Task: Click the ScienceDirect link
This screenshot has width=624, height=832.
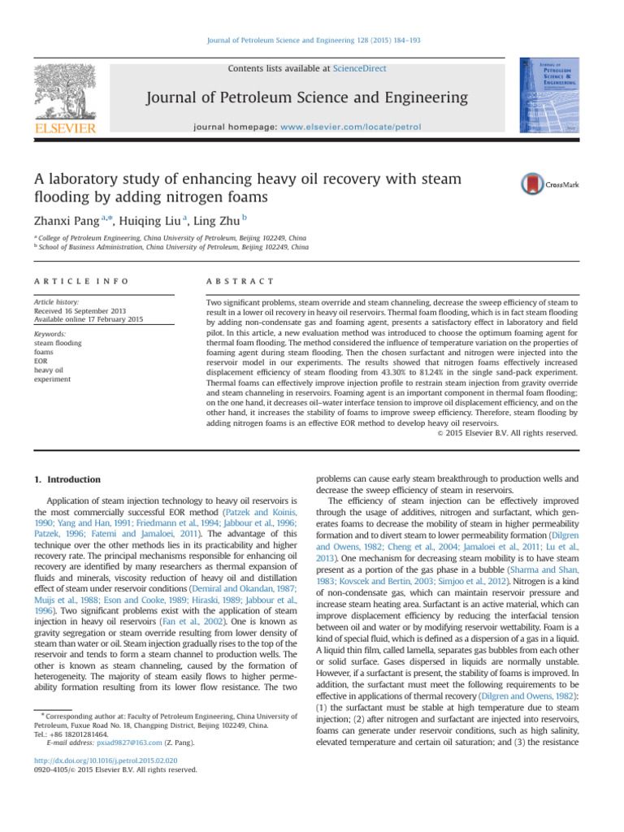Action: point(359,69)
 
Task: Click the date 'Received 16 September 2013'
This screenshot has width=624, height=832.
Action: point(85,310)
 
